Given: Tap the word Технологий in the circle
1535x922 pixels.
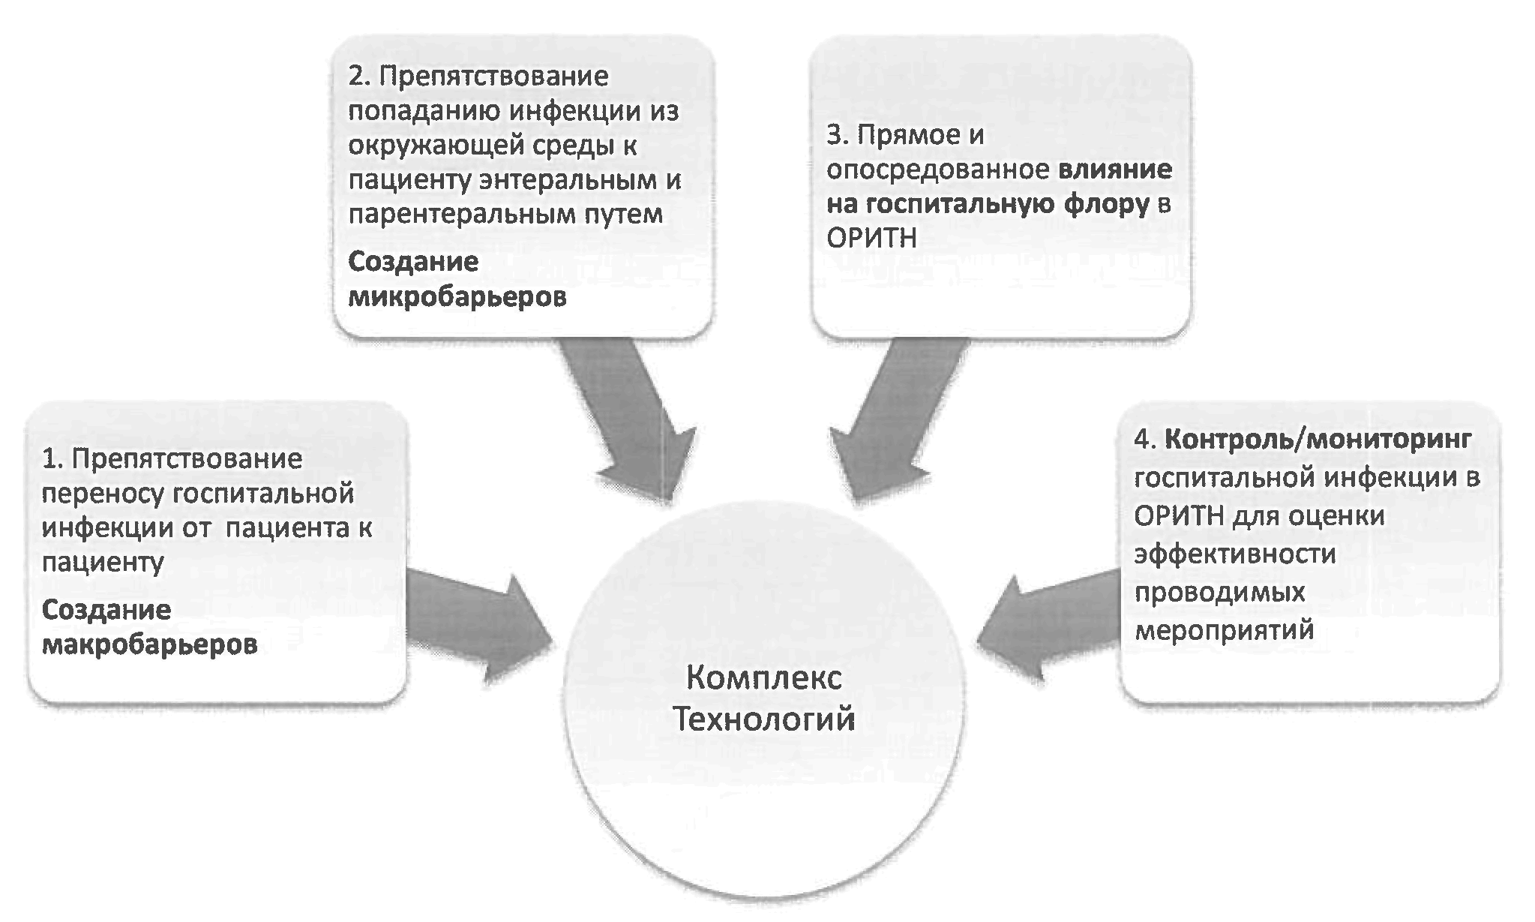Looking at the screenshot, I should (763, 719).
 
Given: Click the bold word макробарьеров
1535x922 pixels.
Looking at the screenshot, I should (149, 644).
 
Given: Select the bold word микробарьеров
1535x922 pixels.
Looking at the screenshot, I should (457, 297).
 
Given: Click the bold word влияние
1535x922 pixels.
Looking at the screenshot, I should (1115, 170).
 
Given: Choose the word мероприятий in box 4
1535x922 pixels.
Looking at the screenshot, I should (1224, 629).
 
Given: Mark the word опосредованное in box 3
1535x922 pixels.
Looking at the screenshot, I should (937, 170).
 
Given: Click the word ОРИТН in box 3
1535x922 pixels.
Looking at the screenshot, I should (871, 239).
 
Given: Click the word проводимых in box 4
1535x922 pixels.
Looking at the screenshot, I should (1219, 591).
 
